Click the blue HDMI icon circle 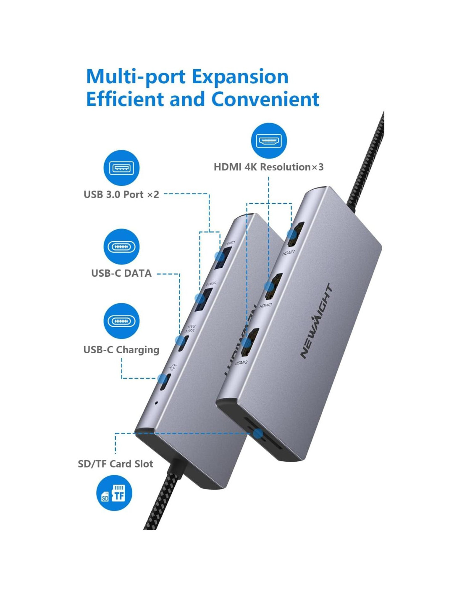coord(269,141)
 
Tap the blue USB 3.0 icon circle coord(121,168)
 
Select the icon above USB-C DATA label coord(121,246)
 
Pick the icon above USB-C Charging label coord(121,321)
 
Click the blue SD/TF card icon coord(114,493)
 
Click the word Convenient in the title coord(265,100)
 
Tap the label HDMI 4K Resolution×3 coord(268,167)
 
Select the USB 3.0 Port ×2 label coord(121,194)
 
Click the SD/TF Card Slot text coord(115,464)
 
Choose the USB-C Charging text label coord(121,350)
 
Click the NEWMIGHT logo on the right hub coord(317,321)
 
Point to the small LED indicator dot coord(156,403)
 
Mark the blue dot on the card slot coord(258,434)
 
